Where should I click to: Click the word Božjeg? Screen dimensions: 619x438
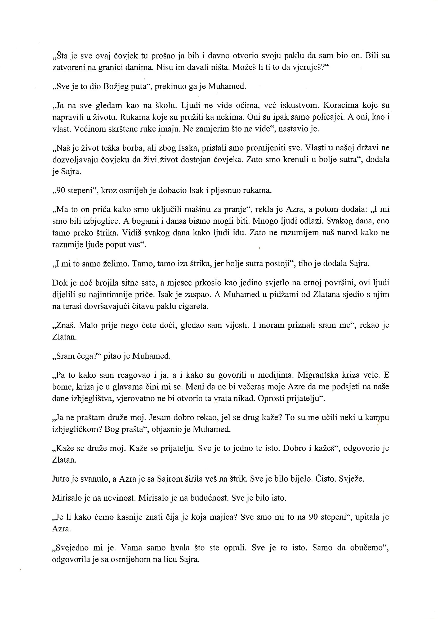click(x=116, y=87)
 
